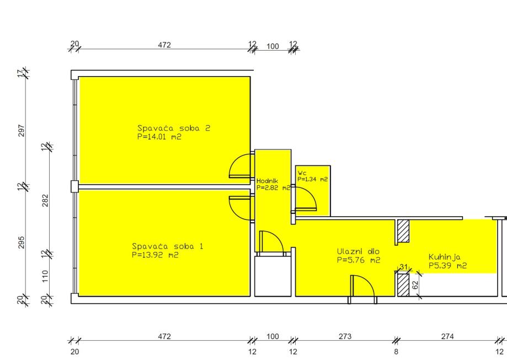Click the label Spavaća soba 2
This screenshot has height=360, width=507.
[174, 128]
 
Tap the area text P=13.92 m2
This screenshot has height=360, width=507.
[155, 255]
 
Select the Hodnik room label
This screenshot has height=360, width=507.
[267, 181]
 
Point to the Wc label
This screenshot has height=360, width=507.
[302, 173]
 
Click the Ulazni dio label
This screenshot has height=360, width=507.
[358, 251]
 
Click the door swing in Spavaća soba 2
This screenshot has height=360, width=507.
[240, 166]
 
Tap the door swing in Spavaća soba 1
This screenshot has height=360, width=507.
[240, 208]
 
